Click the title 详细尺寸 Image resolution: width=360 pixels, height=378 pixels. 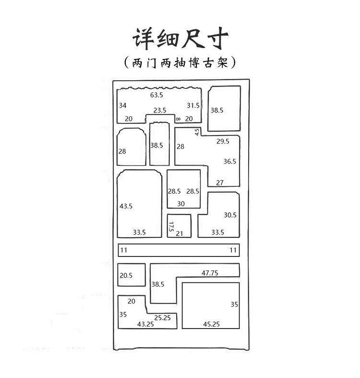tap(180, 37)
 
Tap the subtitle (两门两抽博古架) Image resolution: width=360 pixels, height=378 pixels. tap(180, 63)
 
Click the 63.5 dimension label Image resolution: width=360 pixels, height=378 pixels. tap(156, 95)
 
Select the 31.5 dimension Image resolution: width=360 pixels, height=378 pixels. tap(193, 105)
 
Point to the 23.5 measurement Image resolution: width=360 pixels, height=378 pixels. tap(160, 110)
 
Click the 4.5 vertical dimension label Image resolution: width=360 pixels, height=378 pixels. tap(197, 132)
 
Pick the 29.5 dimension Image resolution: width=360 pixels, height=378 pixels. tap(223, 141)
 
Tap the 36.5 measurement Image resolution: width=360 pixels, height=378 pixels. tap(230, 161)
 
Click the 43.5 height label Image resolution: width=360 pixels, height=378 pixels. tap(126, 206)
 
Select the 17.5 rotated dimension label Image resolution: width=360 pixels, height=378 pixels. tap(170, 227)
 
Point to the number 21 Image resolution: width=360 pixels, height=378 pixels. tap(180, 233)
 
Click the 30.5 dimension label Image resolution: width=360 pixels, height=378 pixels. tap(230, 215)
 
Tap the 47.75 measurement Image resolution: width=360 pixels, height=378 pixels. tap(210, 273)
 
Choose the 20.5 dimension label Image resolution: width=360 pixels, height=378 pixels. tap(126, 276)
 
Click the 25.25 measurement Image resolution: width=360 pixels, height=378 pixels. tap(163, 317)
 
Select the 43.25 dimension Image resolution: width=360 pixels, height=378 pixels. tap(145, 325)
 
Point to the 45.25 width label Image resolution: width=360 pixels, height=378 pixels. tap(211, 325)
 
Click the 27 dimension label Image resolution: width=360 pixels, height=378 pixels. tap(220, 183)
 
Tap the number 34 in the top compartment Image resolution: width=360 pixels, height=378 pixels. tap(123, 105)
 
